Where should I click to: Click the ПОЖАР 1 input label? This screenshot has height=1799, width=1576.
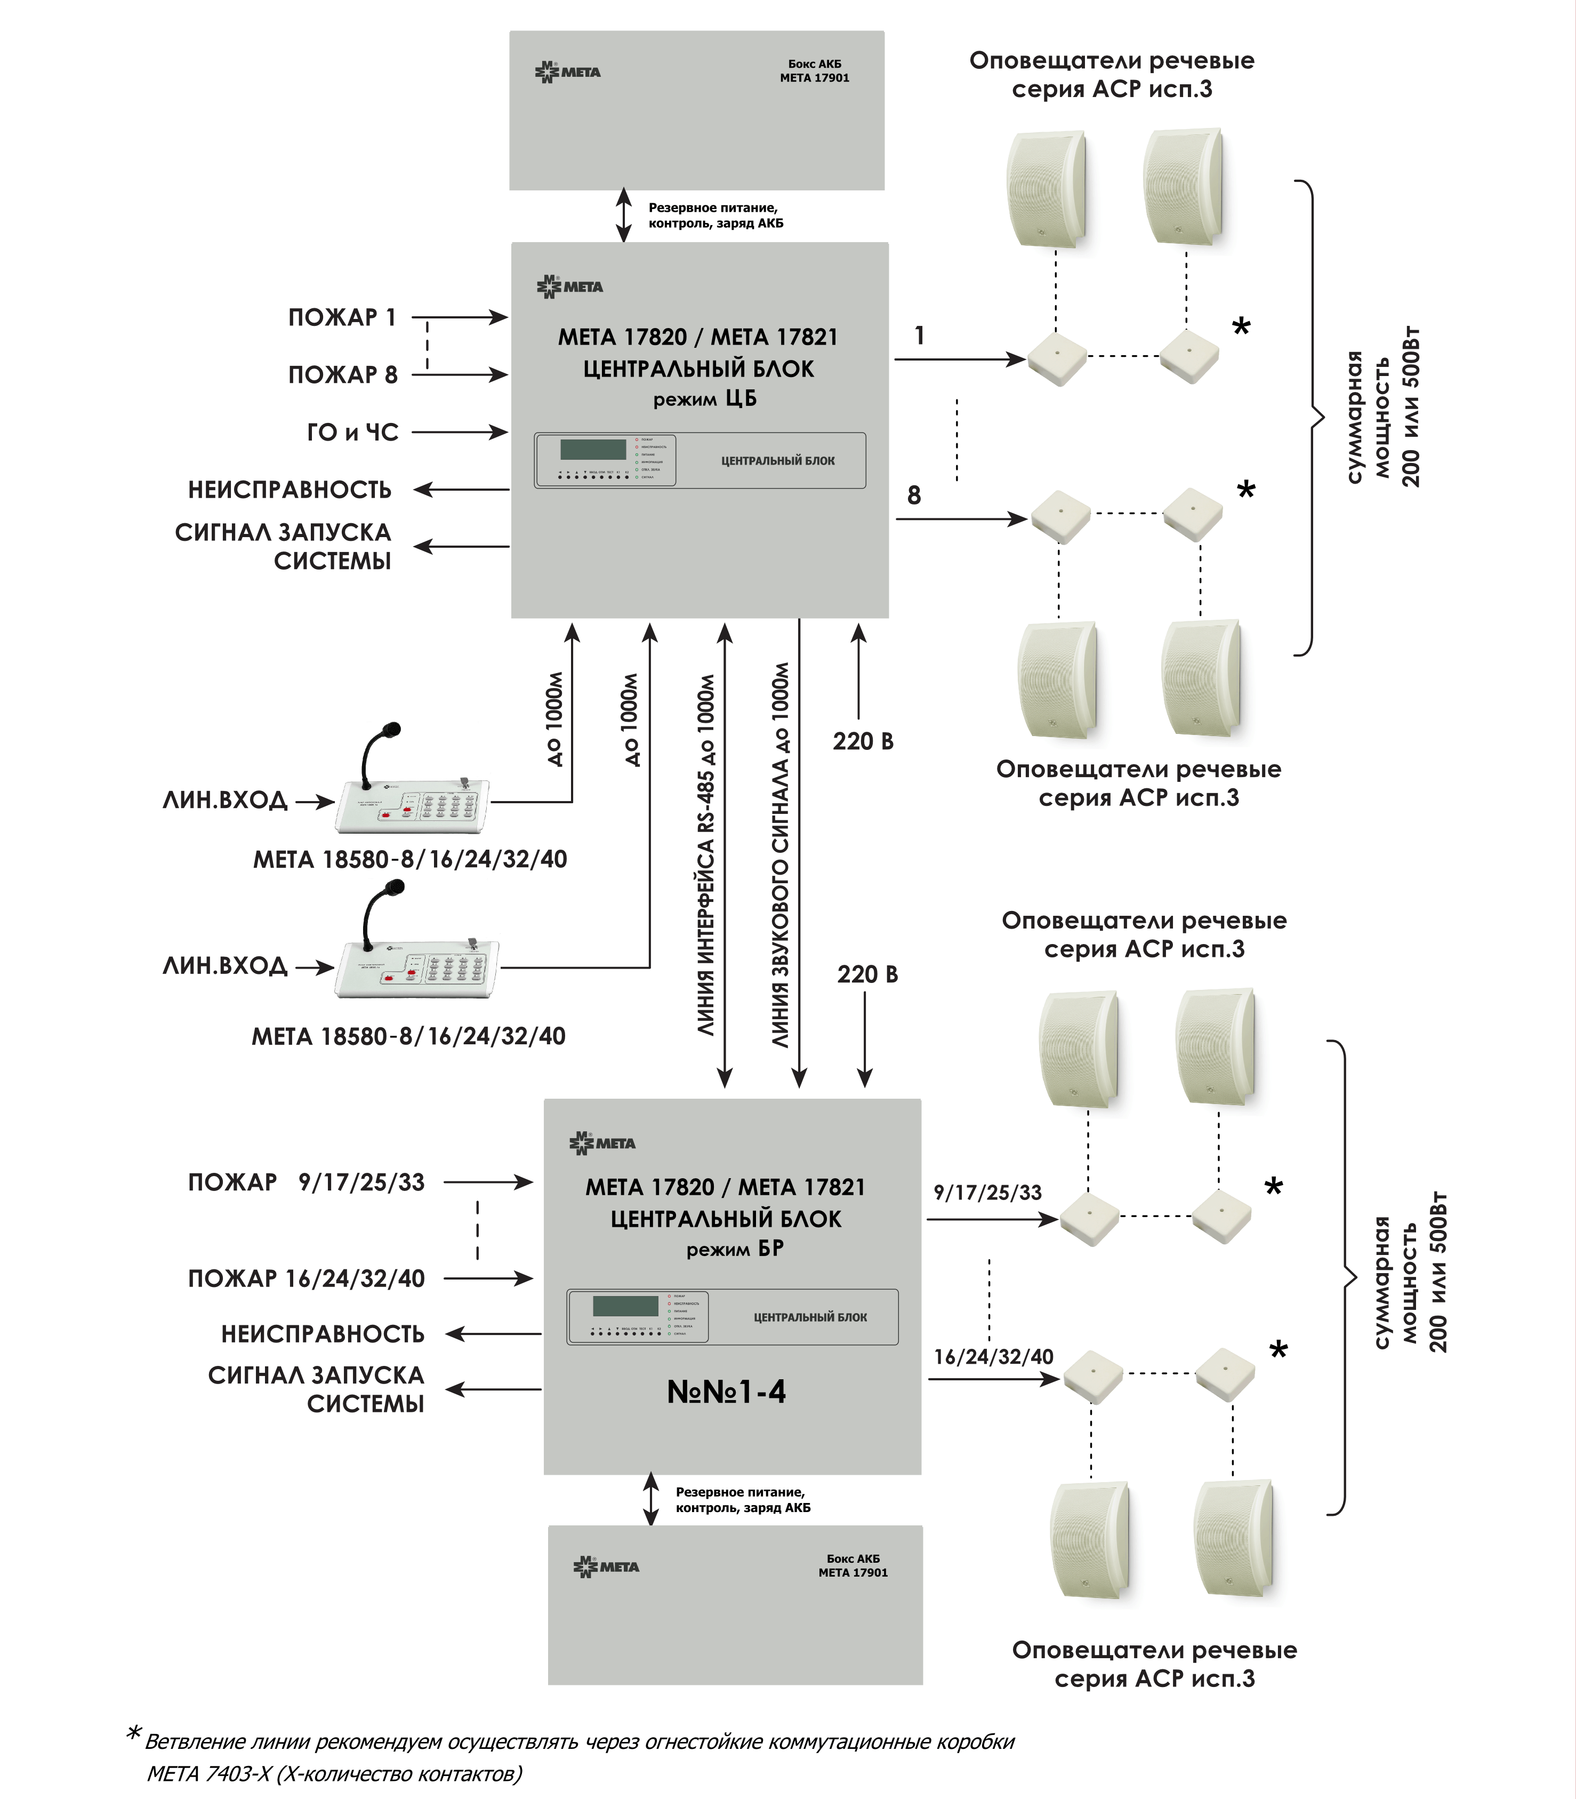[x=342, y=317]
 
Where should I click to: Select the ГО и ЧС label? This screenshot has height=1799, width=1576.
[x=352, y=432]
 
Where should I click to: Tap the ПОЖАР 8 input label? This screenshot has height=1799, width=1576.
[x=342, y=375]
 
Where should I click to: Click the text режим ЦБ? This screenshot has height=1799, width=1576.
[x=704, y=399]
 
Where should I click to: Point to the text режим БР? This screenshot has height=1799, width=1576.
[x=734, y=1249]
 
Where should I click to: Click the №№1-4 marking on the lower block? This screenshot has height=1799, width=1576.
[x=727, y=1391]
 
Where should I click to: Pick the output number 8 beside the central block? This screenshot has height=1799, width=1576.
[x=914, y=496]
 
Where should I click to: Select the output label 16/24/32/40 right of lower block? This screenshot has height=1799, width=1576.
[x=993, y=1356]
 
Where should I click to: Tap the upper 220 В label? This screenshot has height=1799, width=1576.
[x=863, y=741]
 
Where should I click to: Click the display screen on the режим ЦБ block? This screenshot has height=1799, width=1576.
[x=593, y=450]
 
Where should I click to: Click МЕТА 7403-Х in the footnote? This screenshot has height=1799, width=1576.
[x=208, y=1773]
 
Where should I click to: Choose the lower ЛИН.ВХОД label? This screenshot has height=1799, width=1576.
[x=224, y=966]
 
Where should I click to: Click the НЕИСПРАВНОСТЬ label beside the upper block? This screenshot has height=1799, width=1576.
[x=290, y=490]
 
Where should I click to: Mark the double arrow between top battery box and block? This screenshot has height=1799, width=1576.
[x=624, y=214]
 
